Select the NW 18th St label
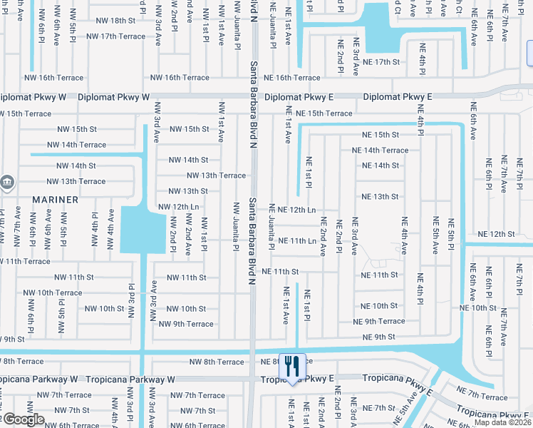113,21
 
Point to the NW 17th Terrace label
115,36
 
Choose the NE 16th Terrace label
297,78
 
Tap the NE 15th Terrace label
324,113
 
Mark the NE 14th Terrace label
381,151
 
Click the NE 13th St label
380,196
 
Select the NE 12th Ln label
297,210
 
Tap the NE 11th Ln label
297,241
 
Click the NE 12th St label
496,234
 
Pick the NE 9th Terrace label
384,322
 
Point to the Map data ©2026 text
502,422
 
